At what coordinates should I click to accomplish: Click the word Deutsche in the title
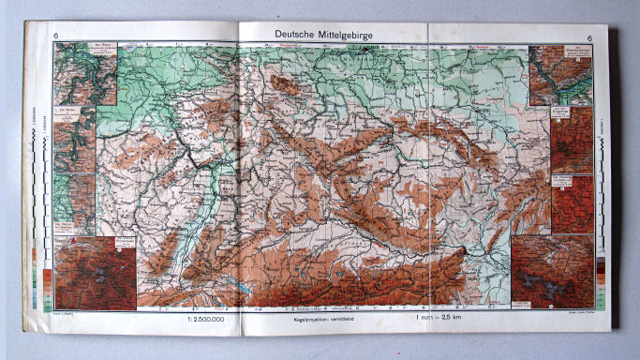298,34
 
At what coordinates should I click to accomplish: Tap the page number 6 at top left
57,37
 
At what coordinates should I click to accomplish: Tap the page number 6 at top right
588,37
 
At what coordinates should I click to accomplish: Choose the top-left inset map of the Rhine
84,73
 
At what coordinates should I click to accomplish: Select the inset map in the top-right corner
560,75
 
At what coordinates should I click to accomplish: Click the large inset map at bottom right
552,271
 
